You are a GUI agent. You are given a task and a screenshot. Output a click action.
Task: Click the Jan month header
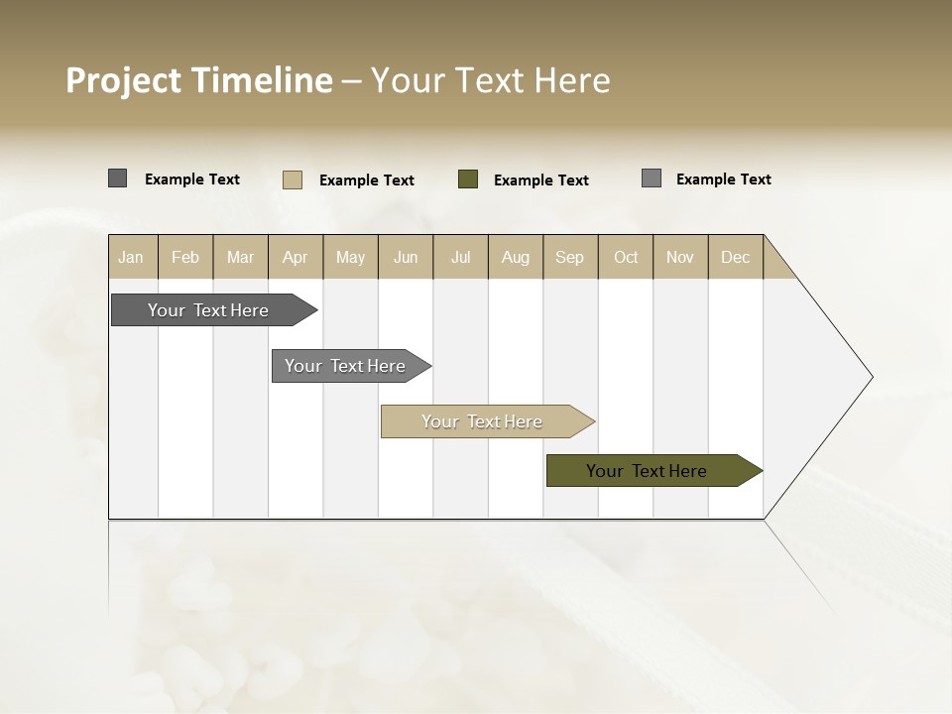[131, 257]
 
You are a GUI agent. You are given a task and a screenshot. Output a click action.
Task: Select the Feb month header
[185, 257]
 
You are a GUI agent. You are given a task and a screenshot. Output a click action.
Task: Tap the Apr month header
[295, 257]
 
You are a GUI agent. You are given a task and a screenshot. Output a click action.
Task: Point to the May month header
[350, 257]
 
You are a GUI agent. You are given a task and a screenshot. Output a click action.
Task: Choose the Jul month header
[460, 257]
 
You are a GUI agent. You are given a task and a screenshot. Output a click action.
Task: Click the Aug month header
[515, 257]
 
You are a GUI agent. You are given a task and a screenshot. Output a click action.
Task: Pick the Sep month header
[569, 257]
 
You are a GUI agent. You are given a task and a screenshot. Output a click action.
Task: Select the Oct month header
[626, 257]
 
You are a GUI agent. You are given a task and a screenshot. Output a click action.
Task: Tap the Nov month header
[680, 257]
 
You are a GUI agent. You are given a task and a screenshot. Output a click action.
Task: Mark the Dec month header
[735, 257]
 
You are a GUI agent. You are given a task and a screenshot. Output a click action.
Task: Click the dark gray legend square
[117, 178]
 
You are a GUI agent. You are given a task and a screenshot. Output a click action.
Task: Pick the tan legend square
[293, 179]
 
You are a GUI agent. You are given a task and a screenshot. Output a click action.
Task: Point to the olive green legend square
[468, 179]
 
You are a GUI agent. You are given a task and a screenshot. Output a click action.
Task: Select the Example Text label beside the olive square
[541, 180]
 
